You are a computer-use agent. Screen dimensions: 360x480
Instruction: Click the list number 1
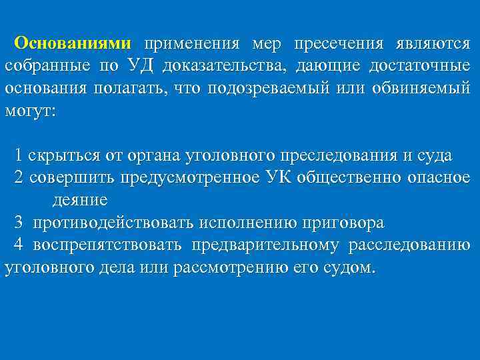coord(19,156)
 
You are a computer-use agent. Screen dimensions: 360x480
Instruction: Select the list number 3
coord(19,222)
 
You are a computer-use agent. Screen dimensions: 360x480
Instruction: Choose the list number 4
coord(19,244)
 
